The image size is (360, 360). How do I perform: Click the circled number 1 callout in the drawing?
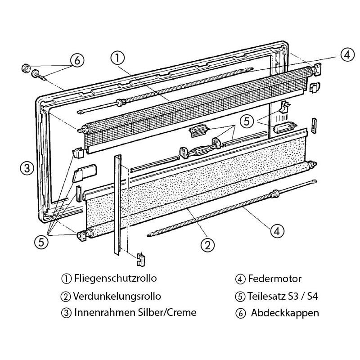point(117,58)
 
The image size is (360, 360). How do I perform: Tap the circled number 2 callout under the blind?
point(207,245)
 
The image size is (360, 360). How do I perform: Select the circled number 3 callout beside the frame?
point(27,168)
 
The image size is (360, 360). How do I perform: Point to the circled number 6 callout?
point(77,60)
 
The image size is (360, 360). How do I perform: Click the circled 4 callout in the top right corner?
point(347,55)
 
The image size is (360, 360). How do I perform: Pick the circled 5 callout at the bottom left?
point(41,242)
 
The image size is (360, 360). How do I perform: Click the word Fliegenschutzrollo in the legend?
point(116,279)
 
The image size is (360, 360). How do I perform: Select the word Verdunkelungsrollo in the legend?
point(117,296)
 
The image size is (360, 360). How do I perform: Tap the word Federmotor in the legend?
point(274,279)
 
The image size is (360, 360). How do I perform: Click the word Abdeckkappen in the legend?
point(285,313)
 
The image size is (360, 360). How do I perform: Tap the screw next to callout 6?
point(40,75)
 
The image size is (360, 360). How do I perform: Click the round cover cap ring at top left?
point(26,68)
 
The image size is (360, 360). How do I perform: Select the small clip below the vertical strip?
point(141,259)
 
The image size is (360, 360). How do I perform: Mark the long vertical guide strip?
point(118,205)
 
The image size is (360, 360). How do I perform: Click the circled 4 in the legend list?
point(240,279)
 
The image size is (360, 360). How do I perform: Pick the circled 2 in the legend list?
point(66,297)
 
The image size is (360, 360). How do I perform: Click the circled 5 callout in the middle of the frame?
point(247,121)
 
